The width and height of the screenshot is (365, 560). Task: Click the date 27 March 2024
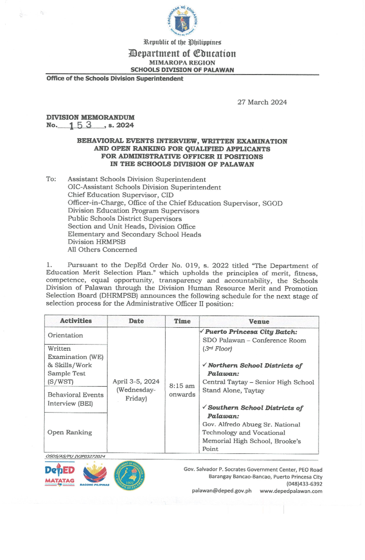point(262,102)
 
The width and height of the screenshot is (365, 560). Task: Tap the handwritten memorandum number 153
point(80,125)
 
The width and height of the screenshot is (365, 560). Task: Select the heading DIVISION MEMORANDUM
point(90,117)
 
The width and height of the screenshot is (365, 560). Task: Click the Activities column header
point(76,321)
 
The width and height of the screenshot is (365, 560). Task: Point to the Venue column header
point(259,321)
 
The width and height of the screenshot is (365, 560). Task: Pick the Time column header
point(182,321)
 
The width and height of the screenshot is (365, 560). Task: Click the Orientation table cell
point(65,335)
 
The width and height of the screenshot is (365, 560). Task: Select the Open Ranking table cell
point(70,432)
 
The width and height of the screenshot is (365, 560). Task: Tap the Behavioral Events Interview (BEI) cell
point(75,399)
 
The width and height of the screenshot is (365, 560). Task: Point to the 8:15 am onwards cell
point(182,390)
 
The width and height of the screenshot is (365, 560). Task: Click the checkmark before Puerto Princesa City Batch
point(202,331)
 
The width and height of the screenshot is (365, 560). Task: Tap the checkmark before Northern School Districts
point(204,364)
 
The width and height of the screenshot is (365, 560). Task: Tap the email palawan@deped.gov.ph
point(221,491)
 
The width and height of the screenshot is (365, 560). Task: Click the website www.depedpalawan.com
point(291,491)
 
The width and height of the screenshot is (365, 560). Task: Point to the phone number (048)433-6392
point(304,484)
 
